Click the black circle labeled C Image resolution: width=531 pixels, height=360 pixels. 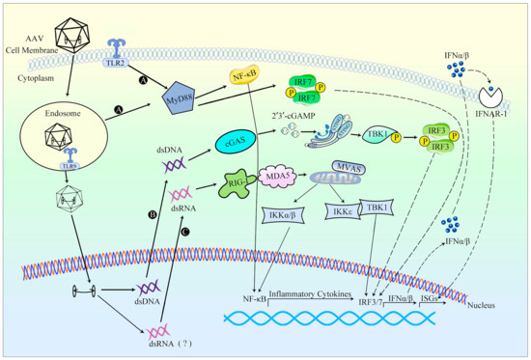click(x=186, y=232)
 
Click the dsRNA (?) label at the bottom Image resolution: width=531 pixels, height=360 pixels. click(x=154, y=337)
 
